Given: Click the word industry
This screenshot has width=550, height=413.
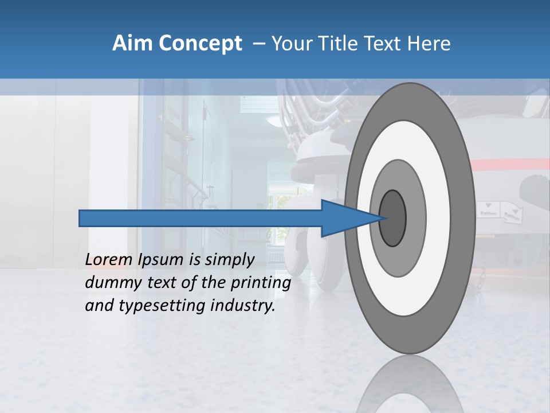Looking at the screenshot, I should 243,306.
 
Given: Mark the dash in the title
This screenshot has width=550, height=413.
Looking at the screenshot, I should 258,44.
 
